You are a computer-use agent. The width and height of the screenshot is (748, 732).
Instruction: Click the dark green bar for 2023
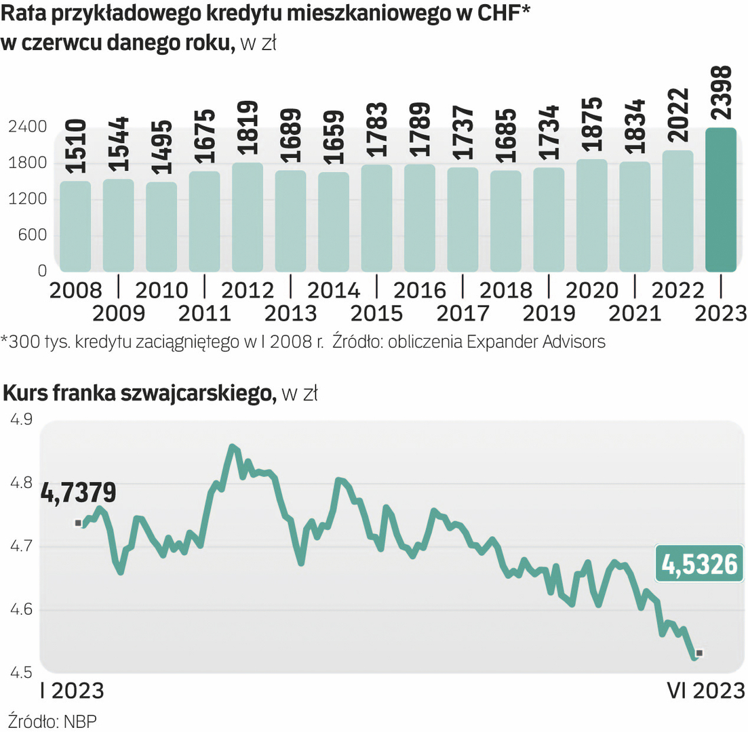pyautogui.click(x=721, y=200)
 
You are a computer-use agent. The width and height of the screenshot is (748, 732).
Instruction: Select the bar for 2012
pyautogui.click(x=248, y=217)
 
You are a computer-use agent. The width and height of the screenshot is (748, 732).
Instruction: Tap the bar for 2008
pyautogui.click(x=75, y=226)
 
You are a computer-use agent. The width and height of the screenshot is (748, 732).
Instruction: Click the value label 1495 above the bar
pyautogui.click(x=161, y=148)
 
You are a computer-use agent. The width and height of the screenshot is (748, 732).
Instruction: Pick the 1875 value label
pyautogui.click(x=592, y=127)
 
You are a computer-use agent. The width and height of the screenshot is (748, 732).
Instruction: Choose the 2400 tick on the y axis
pyautogui.click(x=28, y=127)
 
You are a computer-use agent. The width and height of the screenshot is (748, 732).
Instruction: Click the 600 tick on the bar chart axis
pyautogui.click(x=33, y=235)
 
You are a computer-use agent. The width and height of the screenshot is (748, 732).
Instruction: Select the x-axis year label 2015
pyautogui.click(x=376, y=313)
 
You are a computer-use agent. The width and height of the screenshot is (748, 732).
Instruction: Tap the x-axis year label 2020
pyautogui.click(x=592, y=290)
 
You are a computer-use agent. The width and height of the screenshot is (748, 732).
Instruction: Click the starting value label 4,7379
pyautogui.click(x=78, y=492)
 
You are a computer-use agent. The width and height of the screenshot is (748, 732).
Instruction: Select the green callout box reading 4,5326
pyautogui.click(x=698, y=564)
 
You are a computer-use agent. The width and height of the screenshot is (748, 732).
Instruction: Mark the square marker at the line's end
pyautogui.click(x=699, y=653)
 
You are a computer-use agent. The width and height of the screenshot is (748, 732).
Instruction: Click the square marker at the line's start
pyautogui.click(x=78, y=523)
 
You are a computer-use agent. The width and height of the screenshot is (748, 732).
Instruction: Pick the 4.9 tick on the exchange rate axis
pyautogui.click(x=21, y=420)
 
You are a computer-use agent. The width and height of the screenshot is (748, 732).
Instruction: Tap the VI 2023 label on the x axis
pyautogui.click(x=705, y=691)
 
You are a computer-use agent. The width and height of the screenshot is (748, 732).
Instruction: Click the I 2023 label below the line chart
pyautogui.click(x=72, y=691)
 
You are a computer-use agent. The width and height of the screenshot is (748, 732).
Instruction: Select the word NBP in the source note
pyautogui.click(x=80, y=720)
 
